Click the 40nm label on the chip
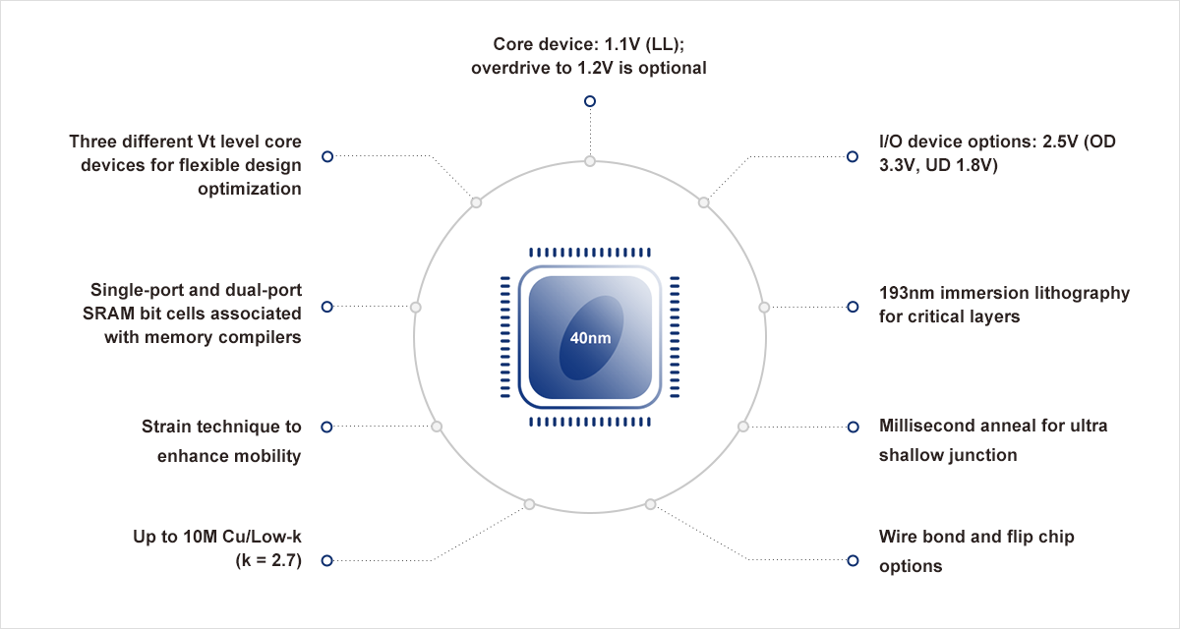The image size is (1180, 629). tap(590, 338)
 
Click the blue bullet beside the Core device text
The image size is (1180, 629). tap(590, 101)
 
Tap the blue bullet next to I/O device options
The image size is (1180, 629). tap(853, 156)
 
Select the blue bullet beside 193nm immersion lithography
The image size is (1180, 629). tap(853, 307)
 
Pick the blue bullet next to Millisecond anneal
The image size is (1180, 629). tap(853, 427)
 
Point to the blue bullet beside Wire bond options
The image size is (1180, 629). tap(853, 560)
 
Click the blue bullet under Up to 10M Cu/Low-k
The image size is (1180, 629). tap(327, 560)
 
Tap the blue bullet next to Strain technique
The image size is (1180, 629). tap(327, 427)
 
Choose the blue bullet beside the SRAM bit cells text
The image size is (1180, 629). tap(327, 307)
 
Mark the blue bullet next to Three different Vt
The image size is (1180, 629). tap(327, 156)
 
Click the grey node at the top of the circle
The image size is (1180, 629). tap(590, 161)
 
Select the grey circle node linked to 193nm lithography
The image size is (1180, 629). tap(764, 307)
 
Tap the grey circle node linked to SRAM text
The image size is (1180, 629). tap(416, 307)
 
